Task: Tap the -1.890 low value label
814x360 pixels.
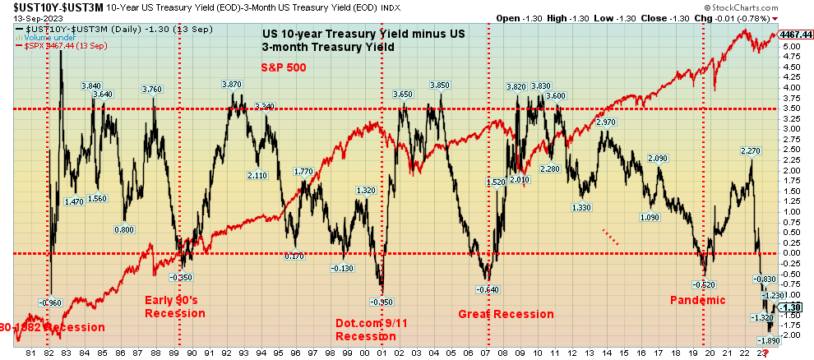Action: pos(768,340)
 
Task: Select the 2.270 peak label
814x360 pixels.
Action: pos(750,150)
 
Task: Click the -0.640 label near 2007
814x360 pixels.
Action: pos(488,289)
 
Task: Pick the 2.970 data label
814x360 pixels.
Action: pos(604,122)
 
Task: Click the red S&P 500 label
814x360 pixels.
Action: pos(284,67)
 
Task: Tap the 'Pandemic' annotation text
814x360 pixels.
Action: pos(698,300)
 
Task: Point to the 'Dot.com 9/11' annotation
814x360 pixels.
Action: pos(372,323)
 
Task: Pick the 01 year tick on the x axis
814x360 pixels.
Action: pos(382,353)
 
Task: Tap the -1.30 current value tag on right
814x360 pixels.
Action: pos(791,307)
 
